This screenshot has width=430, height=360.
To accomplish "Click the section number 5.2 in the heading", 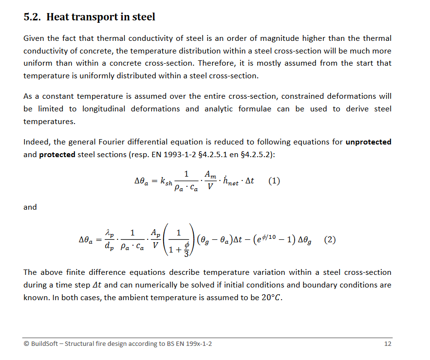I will click(33, 18).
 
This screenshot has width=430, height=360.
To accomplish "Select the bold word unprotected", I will click(368, 143).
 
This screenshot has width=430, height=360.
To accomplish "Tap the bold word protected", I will click(57, 155).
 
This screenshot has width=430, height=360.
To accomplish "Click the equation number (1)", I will click(274, 181).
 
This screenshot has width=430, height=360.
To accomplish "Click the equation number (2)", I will click(330, 239).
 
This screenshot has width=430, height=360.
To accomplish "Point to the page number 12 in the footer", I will click(388, 344).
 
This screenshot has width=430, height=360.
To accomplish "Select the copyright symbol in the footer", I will click(26, 344).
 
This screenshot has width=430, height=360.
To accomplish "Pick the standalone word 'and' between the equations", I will click(30, 207).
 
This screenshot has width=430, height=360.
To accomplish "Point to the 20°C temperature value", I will click(271, 297).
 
